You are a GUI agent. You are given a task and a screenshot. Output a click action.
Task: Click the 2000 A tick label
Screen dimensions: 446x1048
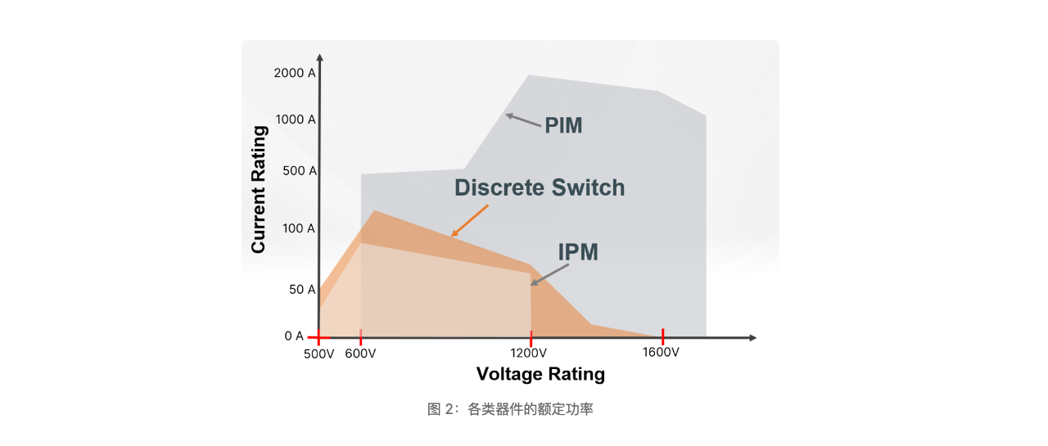point(294,73)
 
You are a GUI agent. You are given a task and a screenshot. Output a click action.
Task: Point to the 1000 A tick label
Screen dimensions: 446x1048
point(295,119)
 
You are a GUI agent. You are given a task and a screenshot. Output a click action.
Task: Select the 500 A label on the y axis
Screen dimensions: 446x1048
point(299,171)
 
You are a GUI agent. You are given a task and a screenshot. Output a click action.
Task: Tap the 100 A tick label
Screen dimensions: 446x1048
point(299,228)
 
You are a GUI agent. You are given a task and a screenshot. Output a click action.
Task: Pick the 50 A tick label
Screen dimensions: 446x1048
point(301,290)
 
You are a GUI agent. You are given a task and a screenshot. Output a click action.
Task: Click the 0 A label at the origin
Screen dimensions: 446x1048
point(294,336)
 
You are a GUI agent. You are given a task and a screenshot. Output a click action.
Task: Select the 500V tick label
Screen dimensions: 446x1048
point(318,353)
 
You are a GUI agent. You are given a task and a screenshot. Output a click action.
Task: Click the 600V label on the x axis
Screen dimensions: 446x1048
point(360,353)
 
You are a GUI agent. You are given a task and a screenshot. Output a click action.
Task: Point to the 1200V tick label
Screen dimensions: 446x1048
point(530,353)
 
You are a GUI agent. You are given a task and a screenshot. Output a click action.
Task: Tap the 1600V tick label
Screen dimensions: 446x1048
point(661,353)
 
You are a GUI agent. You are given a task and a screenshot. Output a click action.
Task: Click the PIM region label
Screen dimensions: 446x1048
point(563,126)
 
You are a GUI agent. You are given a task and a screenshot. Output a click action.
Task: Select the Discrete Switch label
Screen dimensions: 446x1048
point(540,188)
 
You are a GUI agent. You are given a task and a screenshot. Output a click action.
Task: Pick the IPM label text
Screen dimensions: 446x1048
point(578,253)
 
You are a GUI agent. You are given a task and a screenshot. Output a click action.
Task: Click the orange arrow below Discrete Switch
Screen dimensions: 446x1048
point(470,221)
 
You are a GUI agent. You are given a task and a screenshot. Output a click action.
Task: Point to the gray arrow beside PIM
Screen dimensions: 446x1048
point(523,121)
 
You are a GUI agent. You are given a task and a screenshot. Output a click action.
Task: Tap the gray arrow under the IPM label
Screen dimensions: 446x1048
point(544,277)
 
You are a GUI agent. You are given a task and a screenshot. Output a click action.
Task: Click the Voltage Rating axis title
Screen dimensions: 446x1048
point(540,375)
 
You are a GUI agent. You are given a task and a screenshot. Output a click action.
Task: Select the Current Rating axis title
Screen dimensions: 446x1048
point(259,189)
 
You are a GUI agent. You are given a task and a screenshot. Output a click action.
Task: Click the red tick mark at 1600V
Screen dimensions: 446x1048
point(662,336)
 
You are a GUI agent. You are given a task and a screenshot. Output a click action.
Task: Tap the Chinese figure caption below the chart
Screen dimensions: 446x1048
point(510,409)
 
